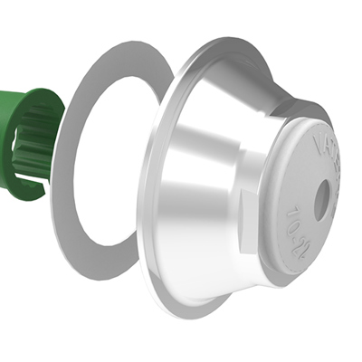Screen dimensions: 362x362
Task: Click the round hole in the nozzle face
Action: pyautogui.click(x=321, y=202)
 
